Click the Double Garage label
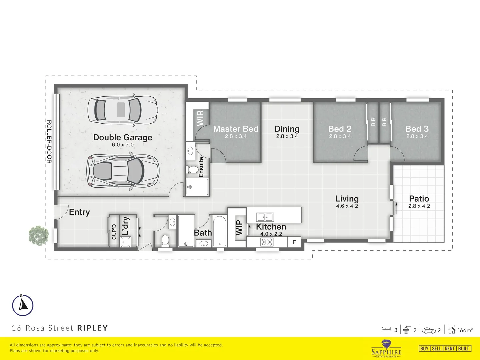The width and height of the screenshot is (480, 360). coord(123,137)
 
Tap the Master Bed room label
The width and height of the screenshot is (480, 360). coord(236,129)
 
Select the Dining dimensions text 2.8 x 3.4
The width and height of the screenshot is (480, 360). coord(287,136)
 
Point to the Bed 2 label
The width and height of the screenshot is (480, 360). coord(340,129)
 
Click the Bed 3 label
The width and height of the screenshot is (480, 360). coord(417,129)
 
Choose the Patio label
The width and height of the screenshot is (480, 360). coord(419,199)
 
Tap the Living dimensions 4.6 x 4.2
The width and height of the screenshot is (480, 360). coord(347,206)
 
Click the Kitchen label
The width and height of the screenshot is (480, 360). coord(271,227)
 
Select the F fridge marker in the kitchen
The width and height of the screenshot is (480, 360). coord(294,242)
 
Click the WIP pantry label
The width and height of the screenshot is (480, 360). coord(239,228)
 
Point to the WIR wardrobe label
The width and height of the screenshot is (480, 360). coord(200,118)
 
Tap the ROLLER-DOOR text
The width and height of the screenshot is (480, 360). coord(49,142)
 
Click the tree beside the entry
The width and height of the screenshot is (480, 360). coord(39,236)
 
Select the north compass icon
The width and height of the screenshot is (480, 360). coord(23,305)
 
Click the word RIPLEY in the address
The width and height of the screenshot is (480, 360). coord(93,328)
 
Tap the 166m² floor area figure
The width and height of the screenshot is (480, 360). coord(465,330)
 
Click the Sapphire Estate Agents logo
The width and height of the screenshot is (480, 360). coord(386,348)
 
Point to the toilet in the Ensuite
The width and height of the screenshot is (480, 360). coord(192,170)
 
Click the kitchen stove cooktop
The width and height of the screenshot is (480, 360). coord(267,242)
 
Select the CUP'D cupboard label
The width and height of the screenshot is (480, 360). coord(114,232)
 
